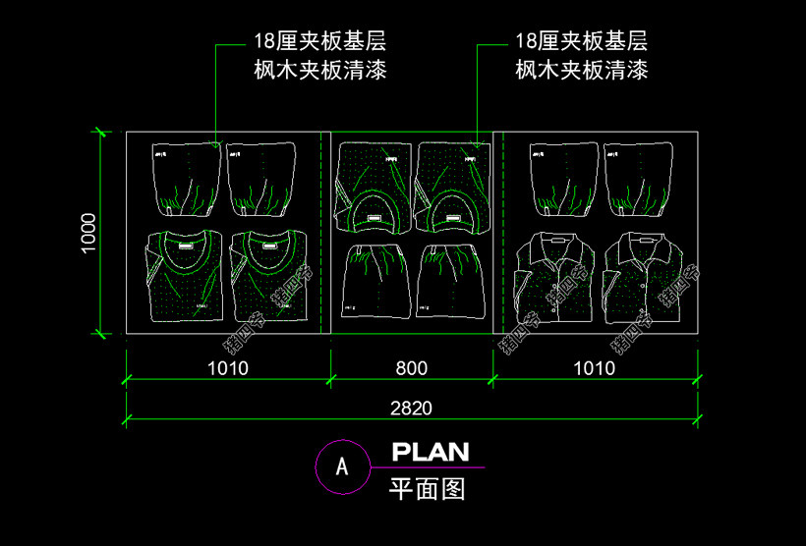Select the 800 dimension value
coord(412,368)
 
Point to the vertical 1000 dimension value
coord(88,233)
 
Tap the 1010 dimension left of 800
coord(228,368)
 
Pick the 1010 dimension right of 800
coord(595,368)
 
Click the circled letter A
coord(341,466)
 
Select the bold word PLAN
coord(431,453)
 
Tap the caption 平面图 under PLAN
coord(428,488)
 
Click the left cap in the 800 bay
coord(372,209)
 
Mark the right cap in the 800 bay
coord(450,209)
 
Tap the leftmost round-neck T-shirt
coord(184,276)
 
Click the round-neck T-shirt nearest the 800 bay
coord(267,276)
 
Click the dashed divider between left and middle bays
coord(322,232)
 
